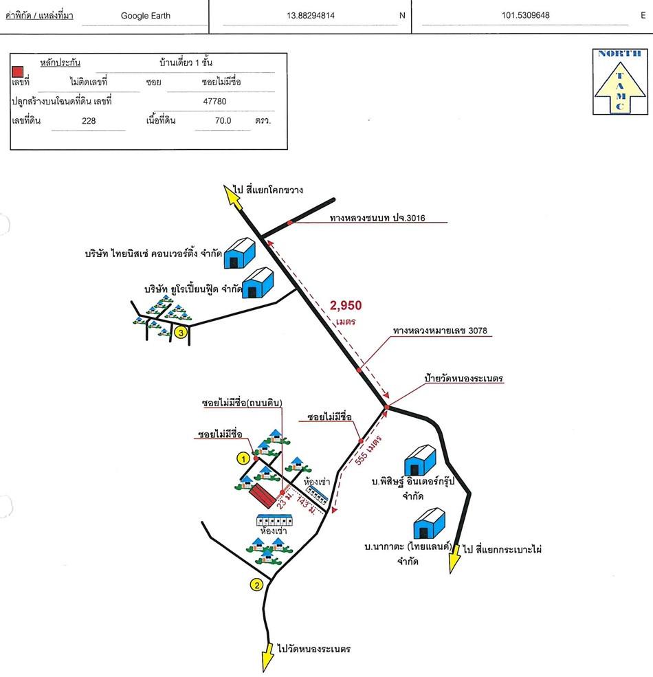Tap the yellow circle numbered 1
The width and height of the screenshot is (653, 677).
pyautogui.click(x=242, y=457)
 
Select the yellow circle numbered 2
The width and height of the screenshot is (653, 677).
pyautogui.click(x=256, y=585)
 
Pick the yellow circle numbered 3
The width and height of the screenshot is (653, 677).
pyautogui.click(x=180, y=333)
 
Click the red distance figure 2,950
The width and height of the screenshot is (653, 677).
pyautogui.click(x=346, y=306)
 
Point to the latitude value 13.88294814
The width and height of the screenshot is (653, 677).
pyautogui.click(x=310, y=16)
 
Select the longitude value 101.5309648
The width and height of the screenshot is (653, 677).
pyautogui.click(x=526, y=16)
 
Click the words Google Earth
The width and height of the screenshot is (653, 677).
pyautogui.click(x=145, y=16)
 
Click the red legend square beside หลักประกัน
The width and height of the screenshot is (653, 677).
pyautogui.click(x=19, y=70)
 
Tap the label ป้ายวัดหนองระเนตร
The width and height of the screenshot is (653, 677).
pyautogui.click(x=464, y=379)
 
